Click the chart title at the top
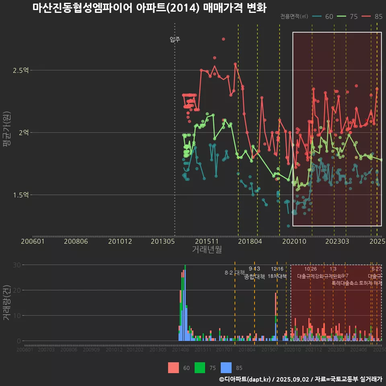pos(149,8)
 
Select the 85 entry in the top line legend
pos(378,16)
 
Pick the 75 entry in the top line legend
pos(353,16)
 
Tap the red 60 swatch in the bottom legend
pos(173,368)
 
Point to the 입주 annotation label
pos(175,39)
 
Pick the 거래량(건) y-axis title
pos(7,302)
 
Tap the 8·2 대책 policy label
pos(235,273)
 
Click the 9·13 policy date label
pos(254,269)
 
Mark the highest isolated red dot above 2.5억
pos(224,39)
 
